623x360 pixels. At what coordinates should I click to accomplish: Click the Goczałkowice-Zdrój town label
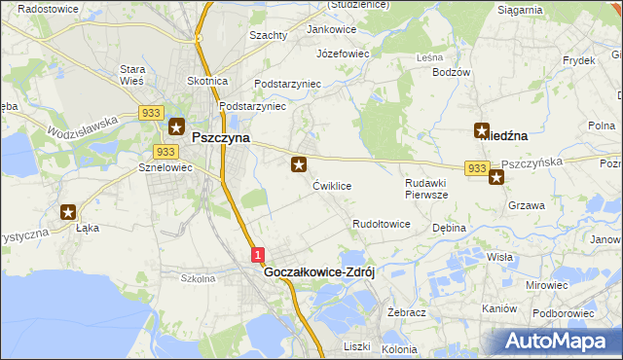[x=319, y=273]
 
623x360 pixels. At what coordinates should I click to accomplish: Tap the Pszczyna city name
[x=220, y=138]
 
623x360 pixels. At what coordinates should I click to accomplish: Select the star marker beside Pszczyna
[x=176, y=126]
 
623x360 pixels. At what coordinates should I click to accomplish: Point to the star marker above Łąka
[x=68, y=211]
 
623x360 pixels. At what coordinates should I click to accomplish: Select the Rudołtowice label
[x=381, y=224]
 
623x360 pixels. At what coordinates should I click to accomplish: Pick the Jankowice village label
[x=332, y=29]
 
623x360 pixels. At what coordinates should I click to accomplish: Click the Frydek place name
[x=578, y=60]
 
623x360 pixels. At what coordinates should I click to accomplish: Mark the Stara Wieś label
[x=132, y=75]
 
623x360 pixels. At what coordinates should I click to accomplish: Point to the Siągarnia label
[x=520, y=10]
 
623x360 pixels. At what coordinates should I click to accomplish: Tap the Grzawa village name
[x=526, y=206]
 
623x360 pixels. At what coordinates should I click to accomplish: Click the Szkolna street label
[x=198, y=278]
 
